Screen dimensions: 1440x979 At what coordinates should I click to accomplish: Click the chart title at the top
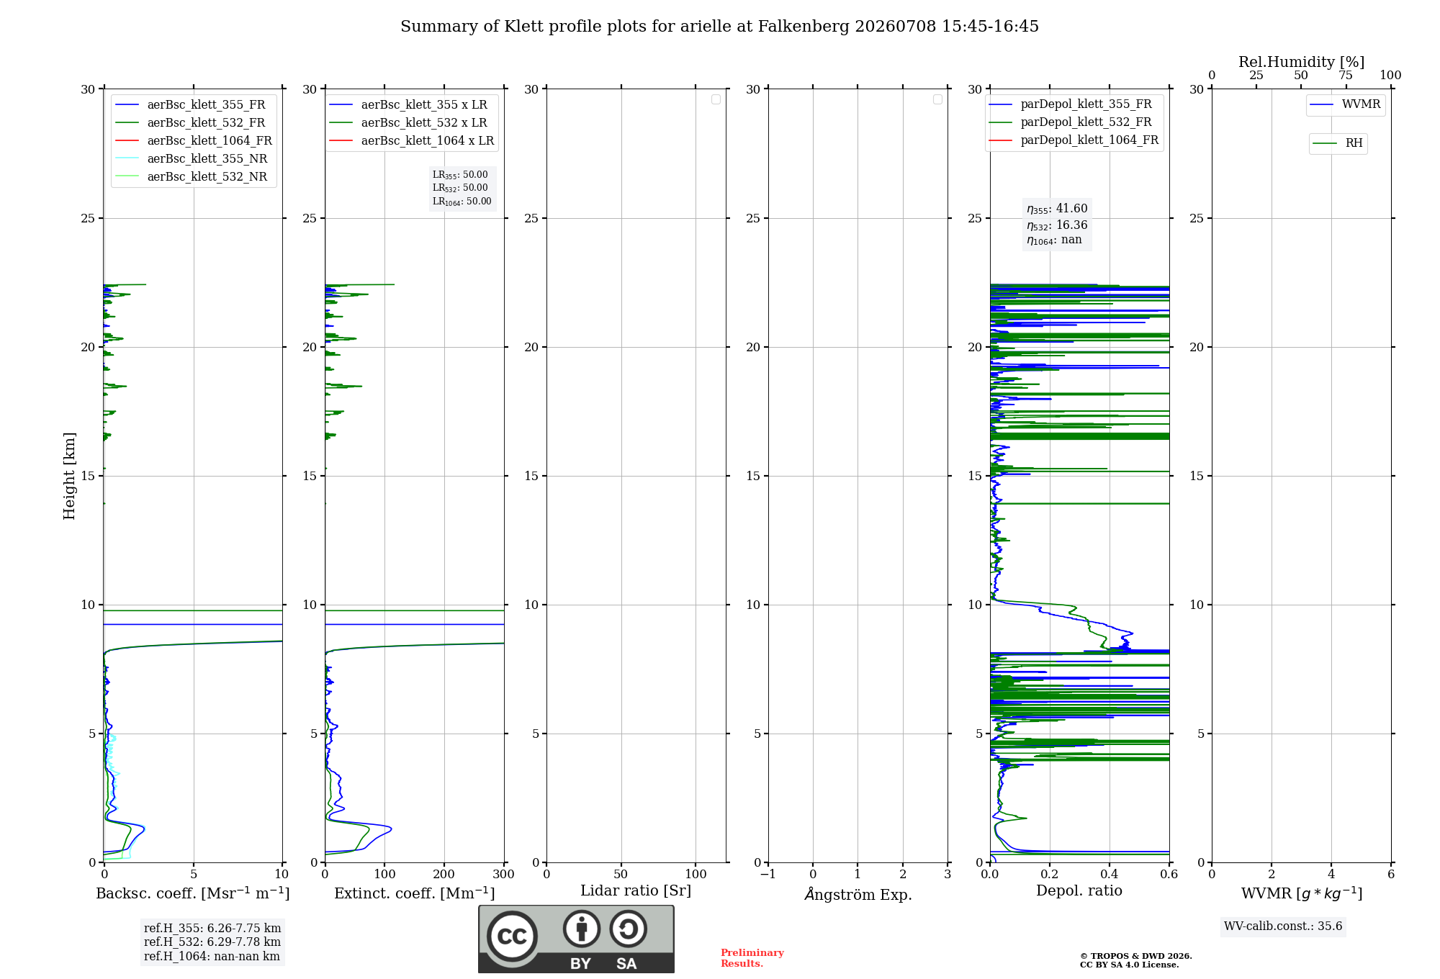click(x=719, y=27)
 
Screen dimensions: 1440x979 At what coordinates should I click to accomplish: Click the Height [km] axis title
click(x=69, y=476)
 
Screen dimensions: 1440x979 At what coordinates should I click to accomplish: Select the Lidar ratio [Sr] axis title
click(x=636, y=890)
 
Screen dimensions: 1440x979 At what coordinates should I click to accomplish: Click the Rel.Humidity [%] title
click(x=1301, y=62)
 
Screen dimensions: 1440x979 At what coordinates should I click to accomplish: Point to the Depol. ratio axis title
click(x=1079, y=890)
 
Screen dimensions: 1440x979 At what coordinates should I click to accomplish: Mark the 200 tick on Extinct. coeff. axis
click(x=444, y=874)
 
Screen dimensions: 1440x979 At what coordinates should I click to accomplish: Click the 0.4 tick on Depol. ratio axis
click(x=1110, y=874)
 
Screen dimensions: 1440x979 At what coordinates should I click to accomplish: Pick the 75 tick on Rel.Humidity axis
click(x=1346, y=75)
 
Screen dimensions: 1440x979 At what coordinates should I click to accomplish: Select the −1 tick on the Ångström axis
click(x=768, y=874)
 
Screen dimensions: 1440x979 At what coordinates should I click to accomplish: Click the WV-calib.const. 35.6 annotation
click(x=1283, y=926)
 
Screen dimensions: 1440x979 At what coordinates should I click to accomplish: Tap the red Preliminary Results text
click(x=752, y=958)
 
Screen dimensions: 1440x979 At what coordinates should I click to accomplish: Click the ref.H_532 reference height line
click(x=212, y=942)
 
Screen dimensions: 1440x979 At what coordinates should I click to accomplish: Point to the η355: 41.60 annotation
click(x=1057, y=209)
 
